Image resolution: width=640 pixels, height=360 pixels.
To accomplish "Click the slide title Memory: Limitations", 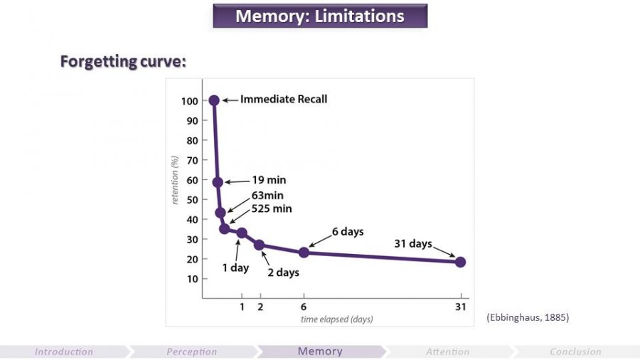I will pyautogui.click(x=320, y=16).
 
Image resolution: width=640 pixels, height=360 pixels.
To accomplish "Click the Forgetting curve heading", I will pyautogui.click(x=123, y=62).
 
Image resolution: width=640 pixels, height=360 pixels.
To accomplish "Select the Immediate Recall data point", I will pyautogui.click(x=214, y=100).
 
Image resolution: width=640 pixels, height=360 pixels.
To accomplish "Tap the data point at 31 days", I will pyautogui.click(x=460, y=262).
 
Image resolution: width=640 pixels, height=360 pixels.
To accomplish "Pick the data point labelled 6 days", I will pyautogui.click(x=304, y=252).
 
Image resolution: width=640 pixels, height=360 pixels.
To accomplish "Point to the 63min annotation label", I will pyautogui.click(x=267, y=196).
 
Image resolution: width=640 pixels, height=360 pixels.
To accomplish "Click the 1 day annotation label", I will pyautogui.click(x=235, y=268).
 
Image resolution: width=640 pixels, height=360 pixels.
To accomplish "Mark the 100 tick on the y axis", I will pyautogui.click(x=188, y=101).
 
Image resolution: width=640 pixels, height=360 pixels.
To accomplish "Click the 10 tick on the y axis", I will pyautogui.click(x=191, y=279).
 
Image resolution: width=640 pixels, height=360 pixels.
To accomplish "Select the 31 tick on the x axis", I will pyautogui.click(x=460, y=307).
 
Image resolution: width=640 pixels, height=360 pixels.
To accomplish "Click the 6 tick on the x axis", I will pyautogui.click(x=304, y=307).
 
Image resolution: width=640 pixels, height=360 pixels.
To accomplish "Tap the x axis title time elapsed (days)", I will pyautogui.click(x=337, y=319).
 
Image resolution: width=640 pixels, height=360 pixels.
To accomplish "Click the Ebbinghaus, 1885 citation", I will pyautogui.click(x=528, y=317).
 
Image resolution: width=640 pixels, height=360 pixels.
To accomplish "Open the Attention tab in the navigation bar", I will pyautogui.click(x=447, y=351).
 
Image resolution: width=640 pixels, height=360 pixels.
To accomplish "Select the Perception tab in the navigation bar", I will pyautogui.click(x=192, y=351).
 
